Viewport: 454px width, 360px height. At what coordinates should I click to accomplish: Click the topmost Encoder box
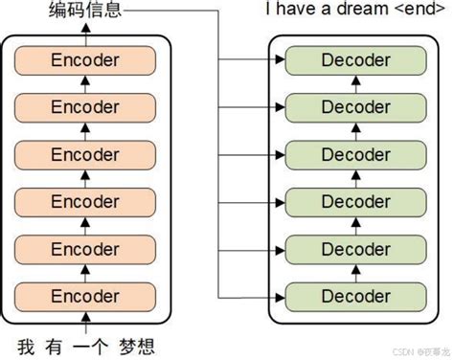click(85, 60)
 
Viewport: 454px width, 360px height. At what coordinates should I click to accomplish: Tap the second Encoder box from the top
click(85, 107)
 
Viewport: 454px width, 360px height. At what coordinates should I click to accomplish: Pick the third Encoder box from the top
click(85, 154)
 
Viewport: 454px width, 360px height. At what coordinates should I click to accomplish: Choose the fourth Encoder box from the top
click(85, 201)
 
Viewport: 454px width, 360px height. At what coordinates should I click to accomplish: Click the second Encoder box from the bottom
click(85, 249)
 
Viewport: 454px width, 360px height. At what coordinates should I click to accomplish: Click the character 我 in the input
click(27, 345)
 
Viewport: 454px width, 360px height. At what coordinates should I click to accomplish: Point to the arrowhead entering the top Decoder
click(283, 60)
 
